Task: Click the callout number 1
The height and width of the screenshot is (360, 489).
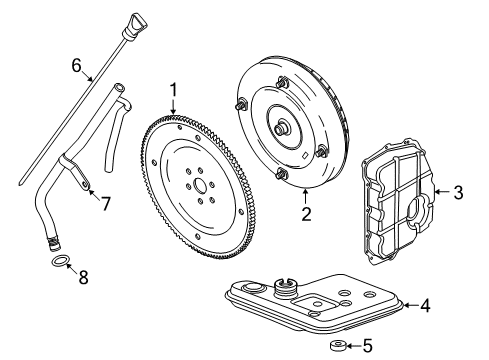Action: click(x=173, y=90)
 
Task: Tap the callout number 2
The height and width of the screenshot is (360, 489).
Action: click(x=306, y=212)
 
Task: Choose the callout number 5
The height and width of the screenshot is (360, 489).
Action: click(x=366, y=347)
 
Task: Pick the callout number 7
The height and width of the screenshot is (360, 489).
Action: click(x=103, y=203)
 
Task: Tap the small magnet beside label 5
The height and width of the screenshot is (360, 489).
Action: click(x=336, y=347)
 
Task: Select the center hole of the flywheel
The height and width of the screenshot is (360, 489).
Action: click(x=200, y=184)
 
